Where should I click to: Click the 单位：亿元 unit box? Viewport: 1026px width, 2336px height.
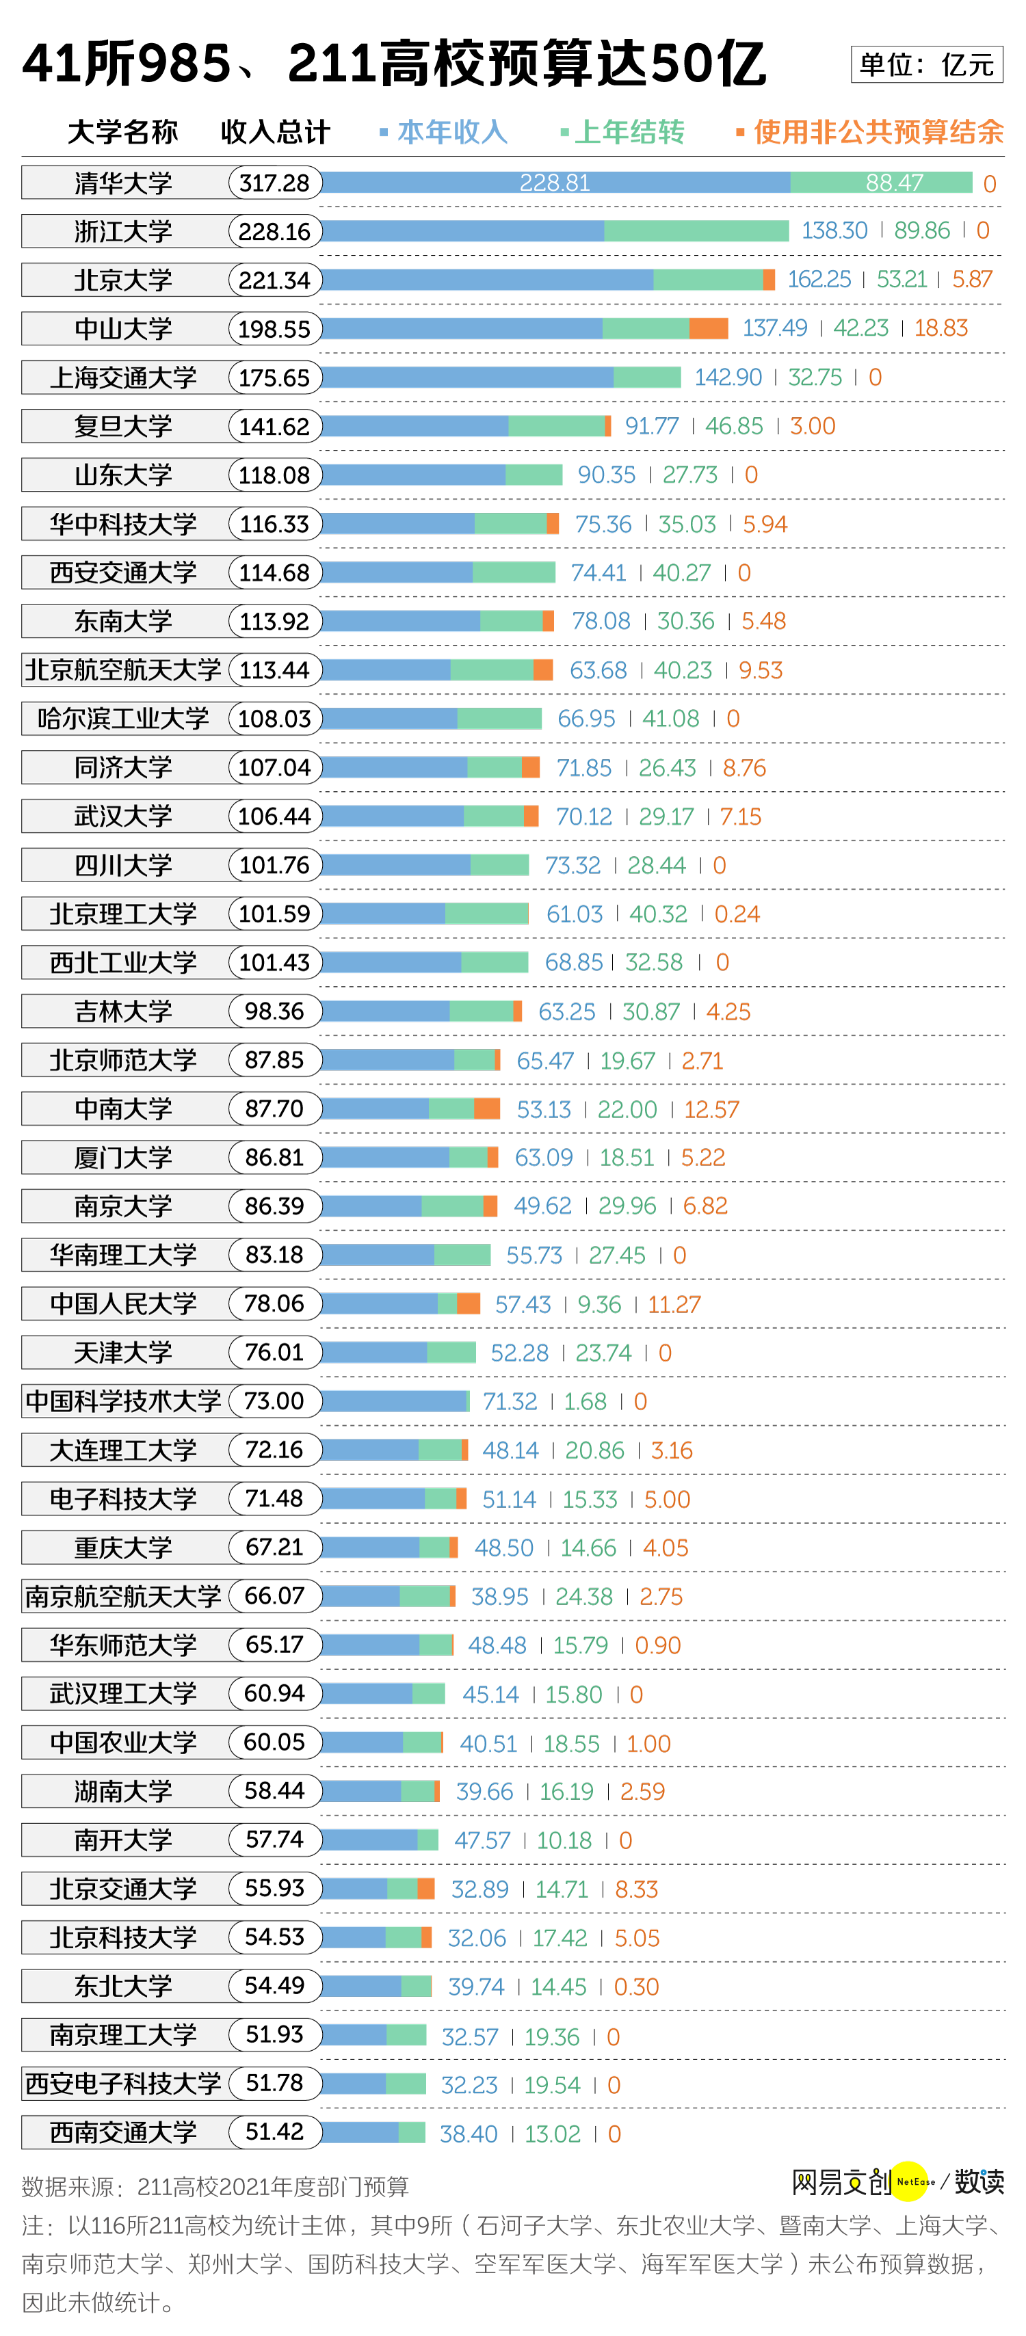coord(926,64)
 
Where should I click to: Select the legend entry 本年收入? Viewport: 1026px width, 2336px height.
coord(451,133)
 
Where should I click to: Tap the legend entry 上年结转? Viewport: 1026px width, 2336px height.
coord(629,133)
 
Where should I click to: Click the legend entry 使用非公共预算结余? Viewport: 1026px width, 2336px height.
coord(877,133)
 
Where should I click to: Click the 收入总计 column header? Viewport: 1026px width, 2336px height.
coord(275,133)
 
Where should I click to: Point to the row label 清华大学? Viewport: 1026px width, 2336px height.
coord(123,183)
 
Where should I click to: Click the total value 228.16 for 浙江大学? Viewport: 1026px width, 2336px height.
coord(274,232)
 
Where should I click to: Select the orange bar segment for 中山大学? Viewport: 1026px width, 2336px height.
coord(709,328)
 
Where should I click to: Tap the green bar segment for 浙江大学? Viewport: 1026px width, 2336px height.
coord(696,231)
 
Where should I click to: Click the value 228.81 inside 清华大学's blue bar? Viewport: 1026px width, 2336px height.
coord(554,183)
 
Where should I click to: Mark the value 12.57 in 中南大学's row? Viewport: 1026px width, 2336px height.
coord(711,1109)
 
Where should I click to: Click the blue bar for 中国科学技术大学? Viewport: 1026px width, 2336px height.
coord(394,1401)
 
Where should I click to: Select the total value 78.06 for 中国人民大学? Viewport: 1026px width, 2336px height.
coord(274,1304)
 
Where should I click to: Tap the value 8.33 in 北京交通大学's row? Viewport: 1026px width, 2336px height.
coord(636,1889)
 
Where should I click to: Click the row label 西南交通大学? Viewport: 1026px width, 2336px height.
coord(123,2133)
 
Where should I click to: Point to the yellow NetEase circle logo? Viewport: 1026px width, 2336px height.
coord(912,2181)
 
